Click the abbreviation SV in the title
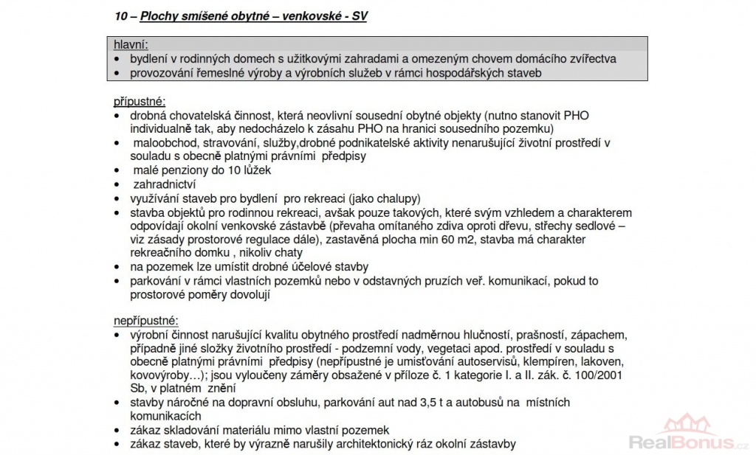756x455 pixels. [357, 15]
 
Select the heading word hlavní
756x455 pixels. [131, 44]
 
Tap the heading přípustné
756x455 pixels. [140, 101]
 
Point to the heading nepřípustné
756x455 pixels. [145, 321]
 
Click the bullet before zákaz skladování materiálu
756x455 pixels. [118, 430]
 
